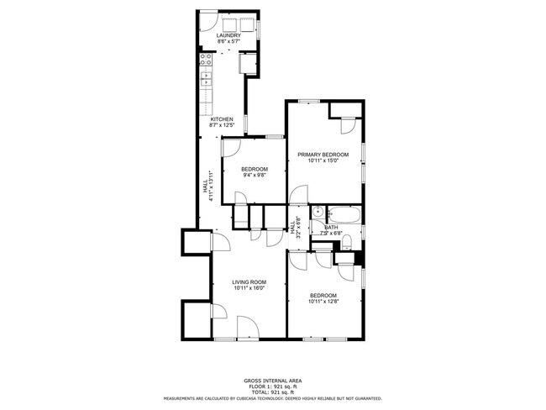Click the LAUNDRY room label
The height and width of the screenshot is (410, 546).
click(228, 35)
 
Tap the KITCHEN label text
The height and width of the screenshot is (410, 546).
click(221, 119)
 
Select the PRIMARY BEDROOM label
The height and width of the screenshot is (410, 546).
click(323, 155)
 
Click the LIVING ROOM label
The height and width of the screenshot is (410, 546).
click(249, 282)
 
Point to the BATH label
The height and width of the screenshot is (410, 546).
click(331, 227)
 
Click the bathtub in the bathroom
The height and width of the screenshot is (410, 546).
click(345, 214)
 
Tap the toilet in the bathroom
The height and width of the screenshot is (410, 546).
click(346, 244)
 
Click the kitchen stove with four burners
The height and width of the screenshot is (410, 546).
click(206, 60)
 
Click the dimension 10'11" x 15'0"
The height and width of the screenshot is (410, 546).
click(323, 161)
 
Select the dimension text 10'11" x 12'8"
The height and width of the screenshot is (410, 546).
click(323, 302)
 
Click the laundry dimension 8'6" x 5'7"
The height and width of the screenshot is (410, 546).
click(228, 42)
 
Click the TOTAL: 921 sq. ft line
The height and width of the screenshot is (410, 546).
click(272, 392)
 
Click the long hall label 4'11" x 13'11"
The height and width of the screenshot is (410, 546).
click(205, 189)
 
